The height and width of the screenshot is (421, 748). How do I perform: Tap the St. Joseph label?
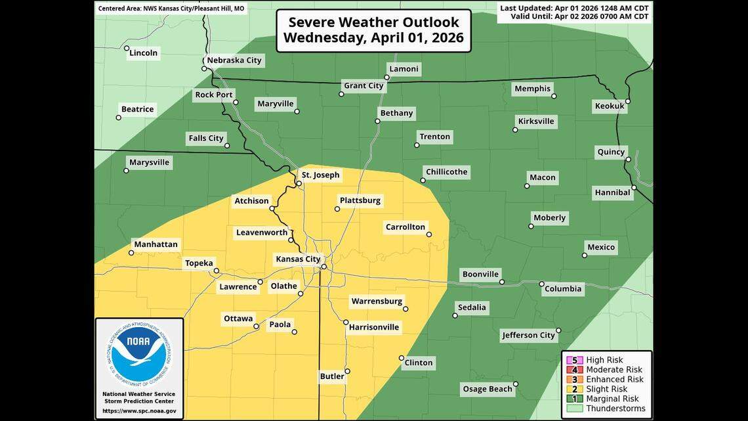coord(320,175)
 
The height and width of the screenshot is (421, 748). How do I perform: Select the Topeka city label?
coord(199,263)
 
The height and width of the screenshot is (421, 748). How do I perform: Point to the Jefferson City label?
coord(528,335)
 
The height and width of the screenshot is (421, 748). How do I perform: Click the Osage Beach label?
coord(487,389)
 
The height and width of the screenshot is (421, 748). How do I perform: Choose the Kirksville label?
coord(535,121)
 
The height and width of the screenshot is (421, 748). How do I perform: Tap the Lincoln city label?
coord(144,53)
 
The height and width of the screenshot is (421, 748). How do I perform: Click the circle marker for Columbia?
coord(542,284)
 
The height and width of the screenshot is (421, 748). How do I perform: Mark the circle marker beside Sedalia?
coord(455,316)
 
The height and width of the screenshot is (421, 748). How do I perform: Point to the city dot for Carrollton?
coord(428,234)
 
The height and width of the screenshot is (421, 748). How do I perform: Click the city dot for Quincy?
coord(628,160)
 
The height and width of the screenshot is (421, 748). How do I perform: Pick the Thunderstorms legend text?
coord(615,409)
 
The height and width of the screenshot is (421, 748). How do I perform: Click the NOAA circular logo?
coord(138,355)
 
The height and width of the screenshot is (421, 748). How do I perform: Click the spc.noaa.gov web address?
coord(139,410)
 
